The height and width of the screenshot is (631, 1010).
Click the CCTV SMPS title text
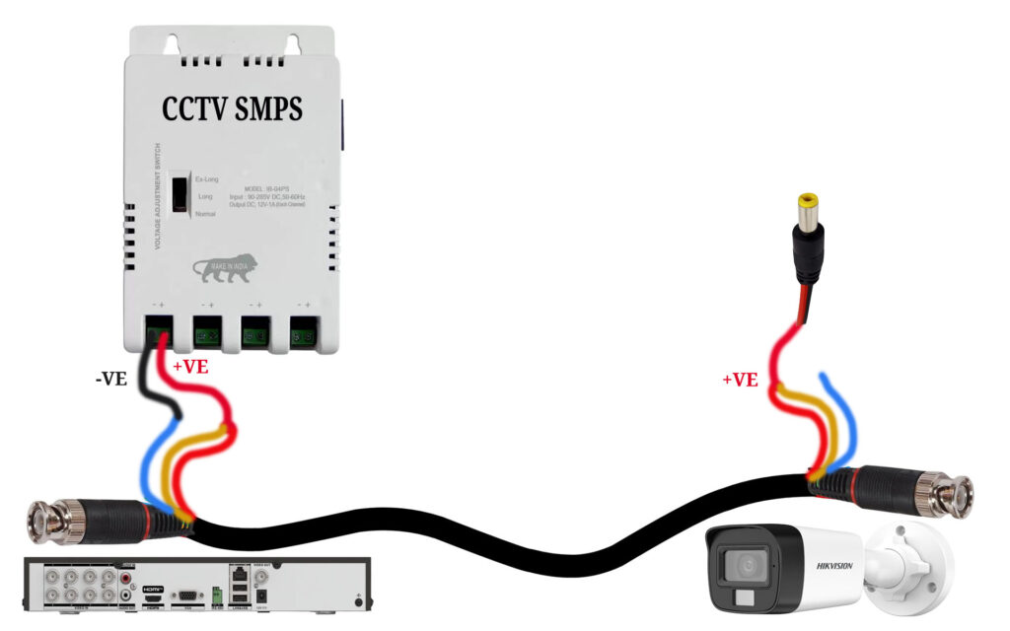tap(232, 109)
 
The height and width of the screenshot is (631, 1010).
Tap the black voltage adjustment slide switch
tap(180, 193)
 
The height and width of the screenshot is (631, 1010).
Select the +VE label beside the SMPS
tap(191, 368)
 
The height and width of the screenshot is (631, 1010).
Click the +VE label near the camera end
tap(740, 379)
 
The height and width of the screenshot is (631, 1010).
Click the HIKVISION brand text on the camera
tap(834, 566)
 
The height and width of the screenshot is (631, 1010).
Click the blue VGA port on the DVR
tap(184, 594)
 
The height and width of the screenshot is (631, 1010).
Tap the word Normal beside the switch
tap(205, 214)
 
